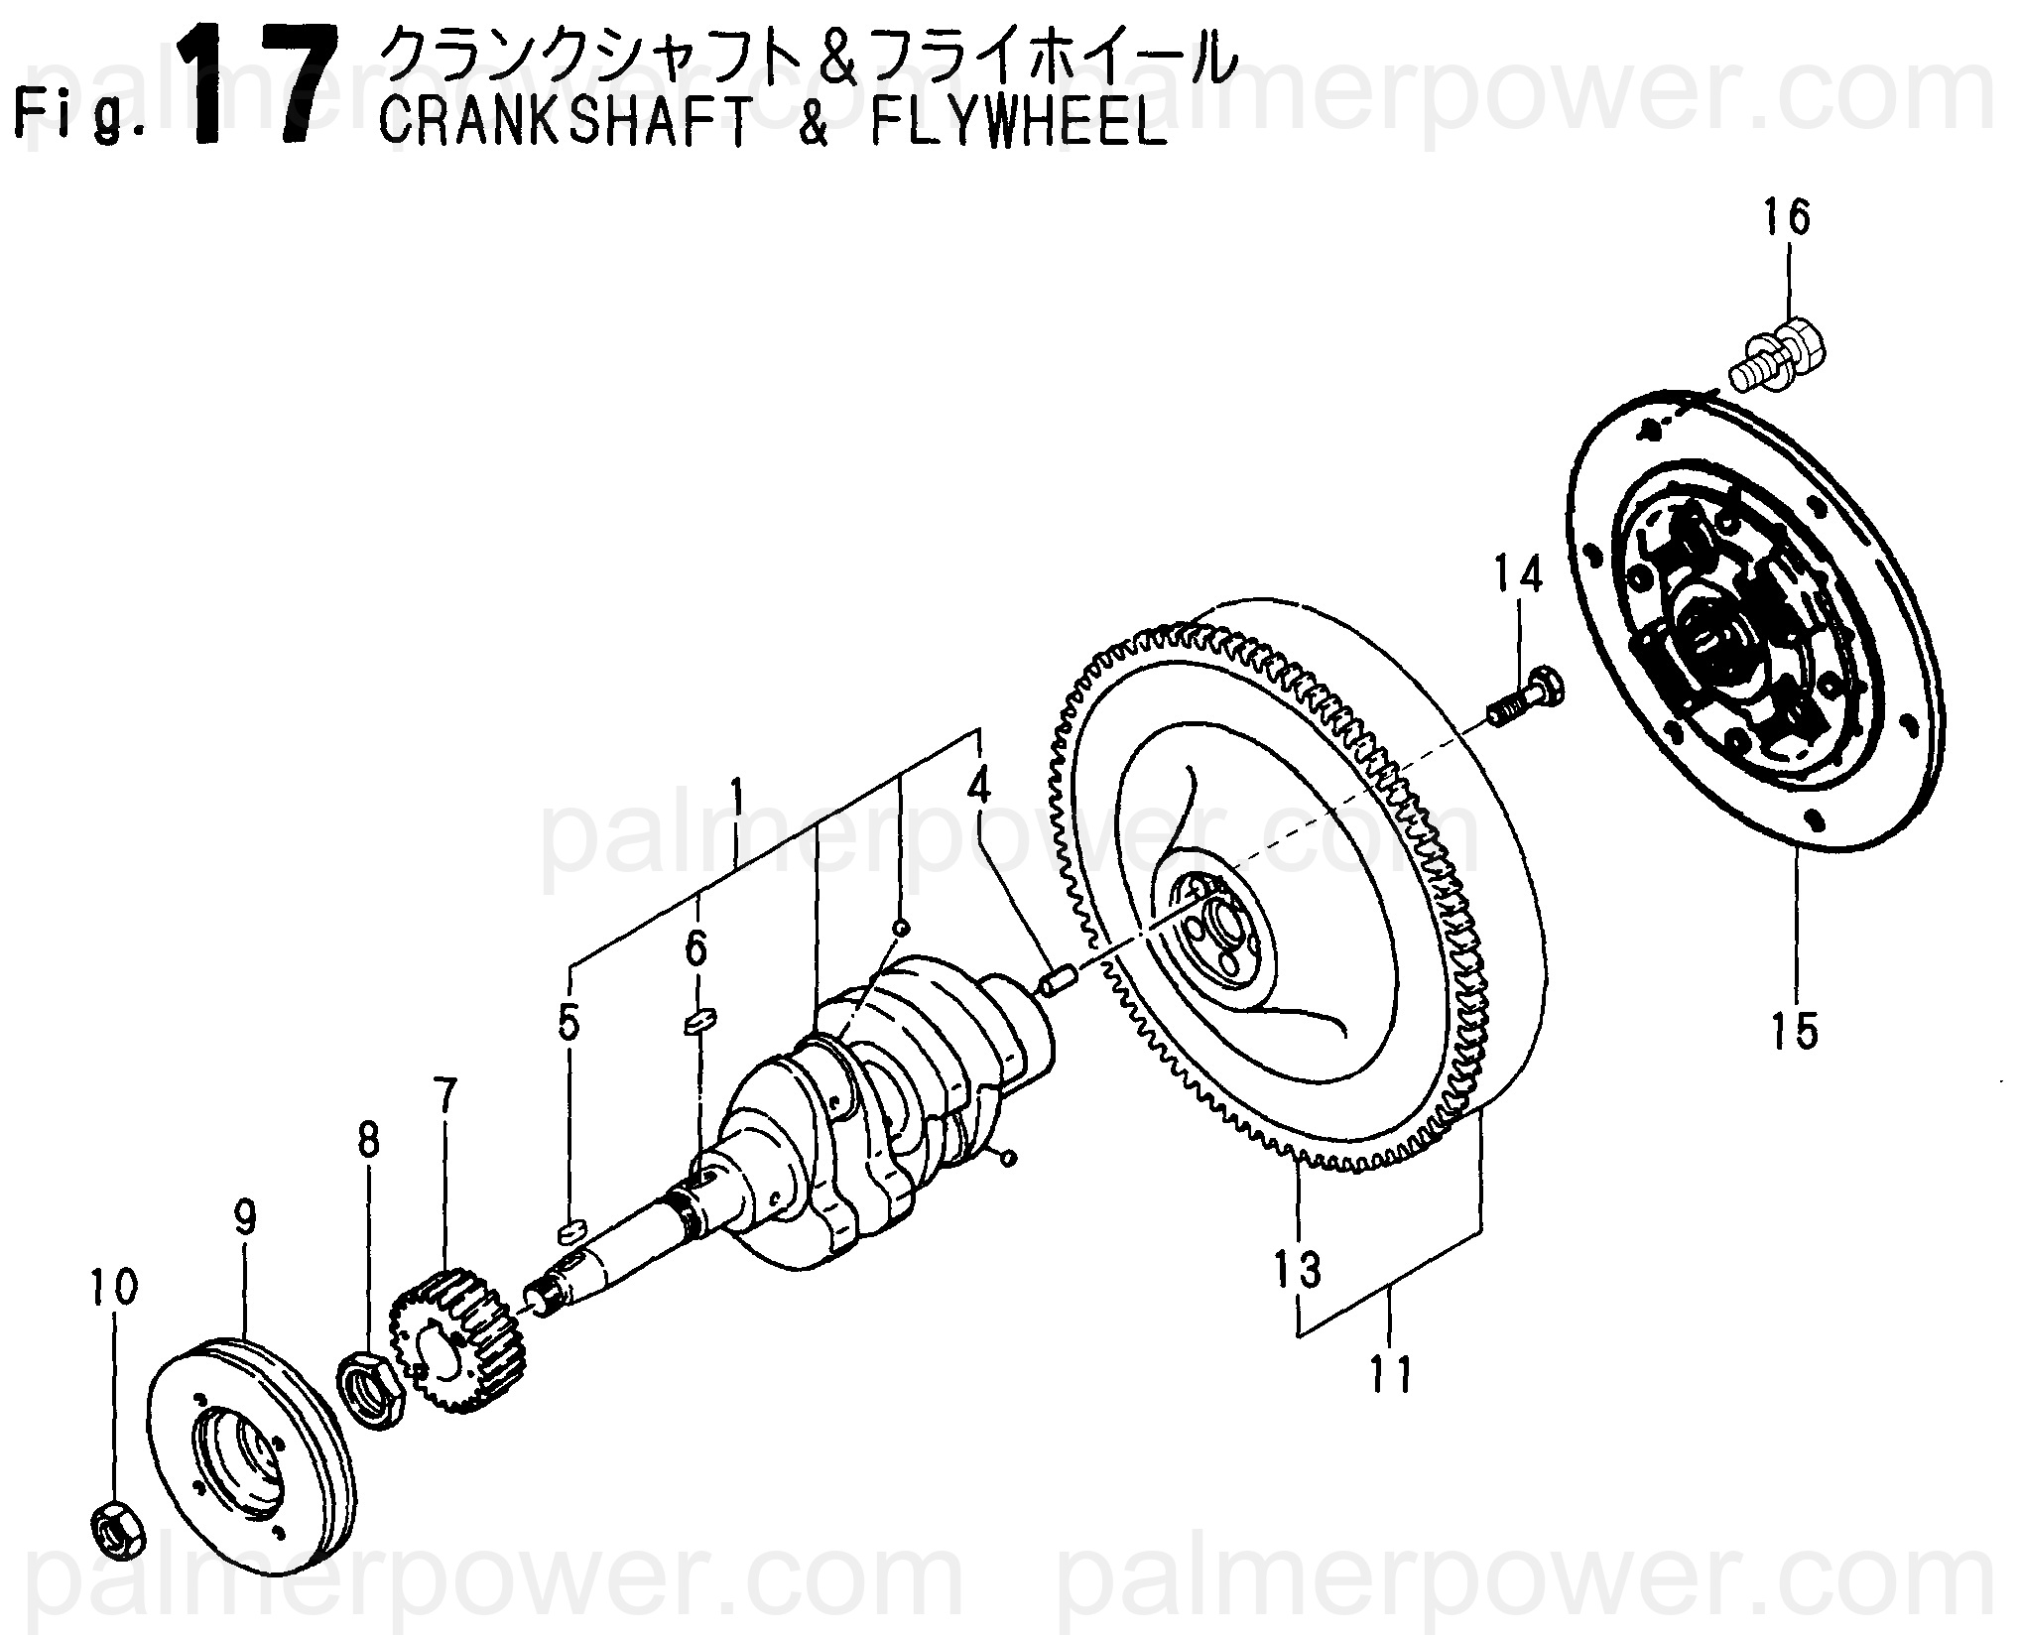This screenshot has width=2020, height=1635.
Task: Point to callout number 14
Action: pos(1519,575)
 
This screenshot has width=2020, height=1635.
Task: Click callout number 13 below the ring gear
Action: pos(1299,1269)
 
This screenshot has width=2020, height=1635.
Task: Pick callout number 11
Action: pos(1391,1374)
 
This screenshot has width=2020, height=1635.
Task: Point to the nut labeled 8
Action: pos(373,1386)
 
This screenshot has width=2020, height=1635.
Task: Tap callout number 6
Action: pos(696,949)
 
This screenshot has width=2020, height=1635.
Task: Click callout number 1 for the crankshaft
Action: pos(736,796)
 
